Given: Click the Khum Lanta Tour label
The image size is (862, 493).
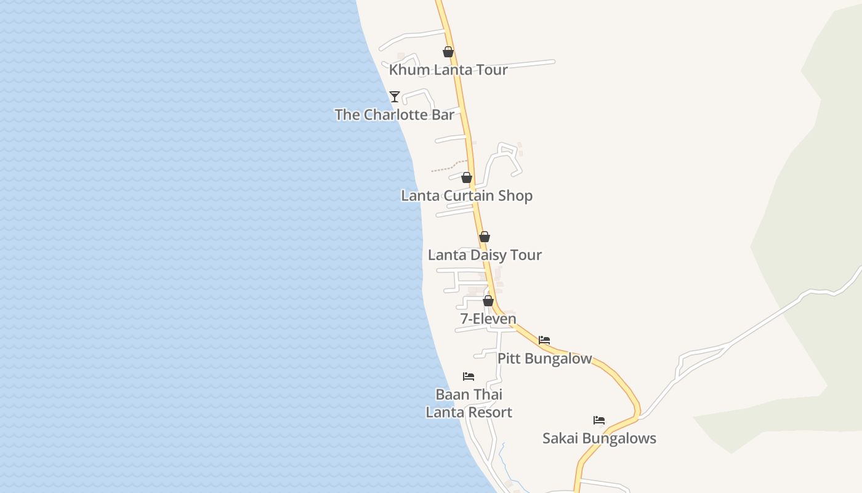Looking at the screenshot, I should coord(448,70).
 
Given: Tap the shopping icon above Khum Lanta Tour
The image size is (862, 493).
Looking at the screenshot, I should coord(448,52).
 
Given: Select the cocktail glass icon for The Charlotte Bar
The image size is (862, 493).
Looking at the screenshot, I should coord(395,97).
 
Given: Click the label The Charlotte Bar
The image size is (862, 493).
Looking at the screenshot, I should coord(395,115).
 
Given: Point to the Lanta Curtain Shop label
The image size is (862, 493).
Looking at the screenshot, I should coord(467,196).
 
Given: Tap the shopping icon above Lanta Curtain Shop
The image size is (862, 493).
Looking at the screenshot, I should coord(467,178).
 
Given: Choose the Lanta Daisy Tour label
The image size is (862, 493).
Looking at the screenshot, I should coord(485,255).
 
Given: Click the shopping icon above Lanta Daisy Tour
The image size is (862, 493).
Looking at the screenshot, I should coord(485,237).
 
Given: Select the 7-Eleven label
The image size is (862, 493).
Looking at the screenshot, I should coord(488,319).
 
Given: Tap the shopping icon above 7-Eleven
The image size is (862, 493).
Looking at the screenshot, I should coord(488,301).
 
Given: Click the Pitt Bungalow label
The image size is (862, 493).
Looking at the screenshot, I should coord(544,359).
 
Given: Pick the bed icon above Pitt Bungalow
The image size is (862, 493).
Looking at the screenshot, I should coord(544,340).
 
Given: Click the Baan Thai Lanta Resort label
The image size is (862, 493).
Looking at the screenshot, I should coord(469,404).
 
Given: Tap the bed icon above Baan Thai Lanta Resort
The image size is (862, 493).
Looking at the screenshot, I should coord(469,377).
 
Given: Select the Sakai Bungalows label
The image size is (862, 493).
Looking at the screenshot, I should coord(599,439).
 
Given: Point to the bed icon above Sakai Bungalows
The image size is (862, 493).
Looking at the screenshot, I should coord(599,421).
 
